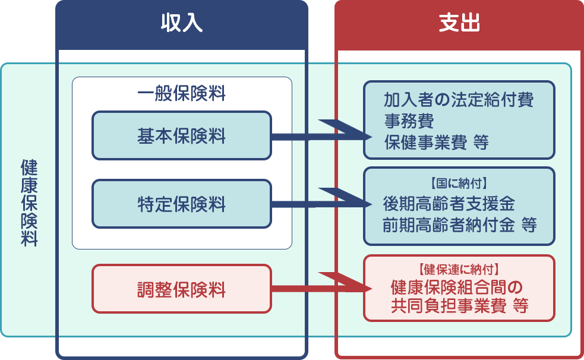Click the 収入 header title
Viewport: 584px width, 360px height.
click(181, 24)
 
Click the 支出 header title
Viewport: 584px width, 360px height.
click(459, 24)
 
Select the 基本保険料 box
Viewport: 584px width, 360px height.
click(181, 136)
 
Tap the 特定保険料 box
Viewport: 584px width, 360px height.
click(181, 204)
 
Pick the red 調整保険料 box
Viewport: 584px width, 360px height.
click(181, 289)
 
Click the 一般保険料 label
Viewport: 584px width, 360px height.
click(181, 94)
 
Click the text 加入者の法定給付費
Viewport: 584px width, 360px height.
click(458, 99)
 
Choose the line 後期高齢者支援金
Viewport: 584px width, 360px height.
click(449, 204)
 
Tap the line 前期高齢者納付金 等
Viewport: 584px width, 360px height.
click(459, 225)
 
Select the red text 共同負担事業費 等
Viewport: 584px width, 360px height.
click(459, 307)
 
